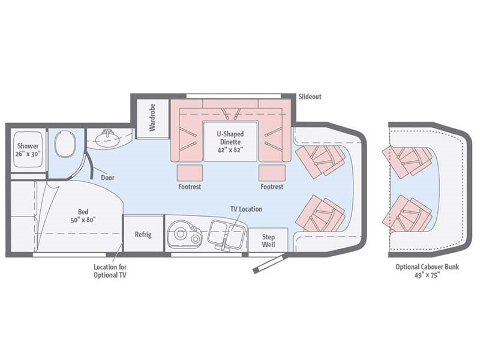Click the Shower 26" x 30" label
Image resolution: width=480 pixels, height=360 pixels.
(28, 150)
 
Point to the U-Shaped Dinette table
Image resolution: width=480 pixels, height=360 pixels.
(231, 141)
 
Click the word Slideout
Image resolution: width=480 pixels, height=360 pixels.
(310, 97)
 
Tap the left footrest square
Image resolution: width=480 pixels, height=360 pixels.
(190, 173)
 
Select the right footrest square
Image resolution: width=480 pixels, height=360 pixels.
(271, 173)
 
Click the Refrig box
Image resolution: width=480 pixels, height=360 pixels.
(143, 234)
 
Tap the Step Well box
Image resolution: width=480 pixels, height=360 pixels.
(268, 241)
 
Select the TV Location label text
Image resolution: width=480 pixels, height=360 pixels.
(246, 209)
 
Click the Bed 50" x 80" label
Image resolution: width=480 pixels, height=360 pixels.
(82, 215)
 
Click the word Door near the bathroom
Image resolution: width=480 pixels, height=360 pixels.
(108, 178)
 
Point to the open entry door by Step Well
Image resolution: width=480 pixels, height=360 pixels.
(268, 263)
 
